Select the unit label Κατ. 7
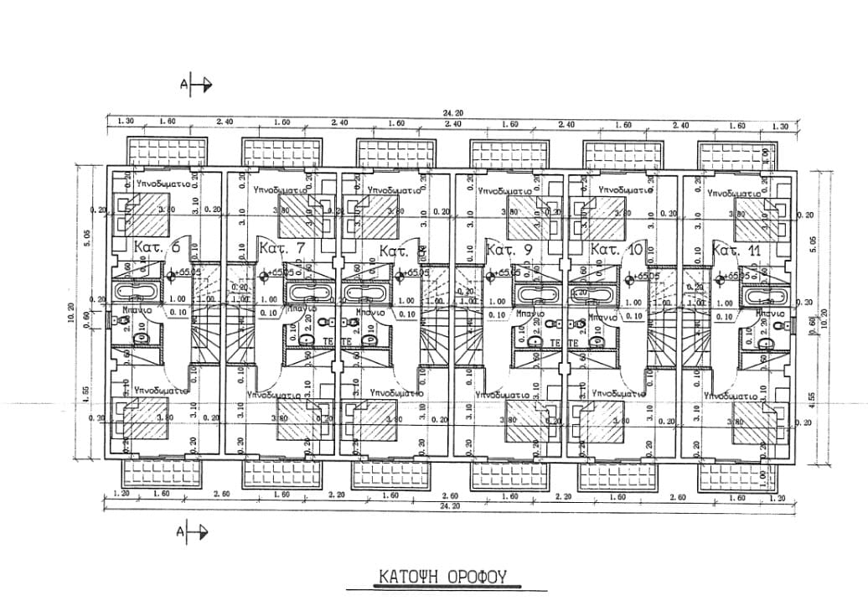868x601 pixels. point(281,248)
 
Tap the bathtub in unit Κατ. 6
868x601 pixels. point(135,293)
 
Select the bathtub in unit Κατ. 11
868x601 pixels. point(762,295)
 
